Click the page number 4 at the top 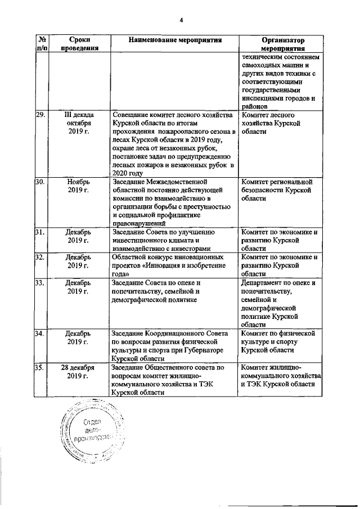(x=182, y=20)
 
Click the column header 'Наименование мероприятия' (x=175, y=40)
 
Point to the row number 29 (x=40, y=115)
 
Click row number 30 (x=40, y=182)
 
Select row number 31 (x=40, y=232)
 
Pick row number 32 (x=40, y=257)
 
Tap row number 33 (x=40, y=282)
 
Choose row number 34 (x=40, y=333)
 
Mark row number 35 (x=40, y=367)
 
